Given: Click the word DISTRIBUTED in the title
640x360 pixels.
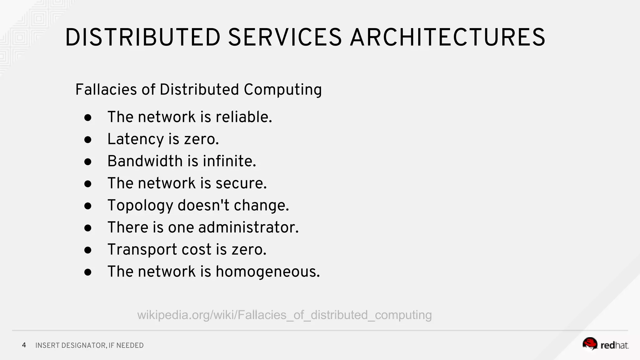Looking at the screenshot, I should pyautogui.click(x=143, y=37).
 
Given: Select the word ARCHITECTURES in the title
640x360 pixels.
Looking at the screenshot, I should pyautogui.click(x=447, y=37).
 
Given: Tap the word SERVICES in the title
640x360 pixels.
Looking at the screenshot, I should pyautogui.click(x=285, y=37).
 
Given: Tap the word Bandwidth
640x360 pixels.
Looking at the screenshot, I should pyautogui.click(x=145, y=161).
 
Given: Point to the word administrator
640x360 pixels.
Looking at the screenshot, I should pyautogui.click(x=248, y=227).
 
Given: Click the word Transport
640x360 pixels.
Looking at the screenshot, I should pyautogui.click(x=142, y=250).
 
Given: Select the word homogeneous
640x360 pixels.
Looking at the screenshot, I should pyautogui.click(x=267, y=272).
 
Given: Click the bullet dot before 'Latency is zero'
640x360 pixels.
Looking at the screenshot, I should pyautogui.click(x=88, y=140).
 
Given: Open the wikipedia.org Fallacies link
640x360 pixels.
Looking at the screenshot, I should pyautogui.click(x=284, y=315).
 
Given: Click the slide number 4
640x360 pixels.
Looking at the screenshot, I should pyautogui.click(x=24, y=345).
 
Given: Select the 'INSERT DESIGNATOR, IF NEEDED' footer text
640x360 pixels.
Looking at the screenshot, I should pyautogui.click(x=89, y=346).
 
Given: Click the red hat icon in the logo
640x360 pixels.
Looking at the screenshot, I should pyautogui.click(x=590, y=344).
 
